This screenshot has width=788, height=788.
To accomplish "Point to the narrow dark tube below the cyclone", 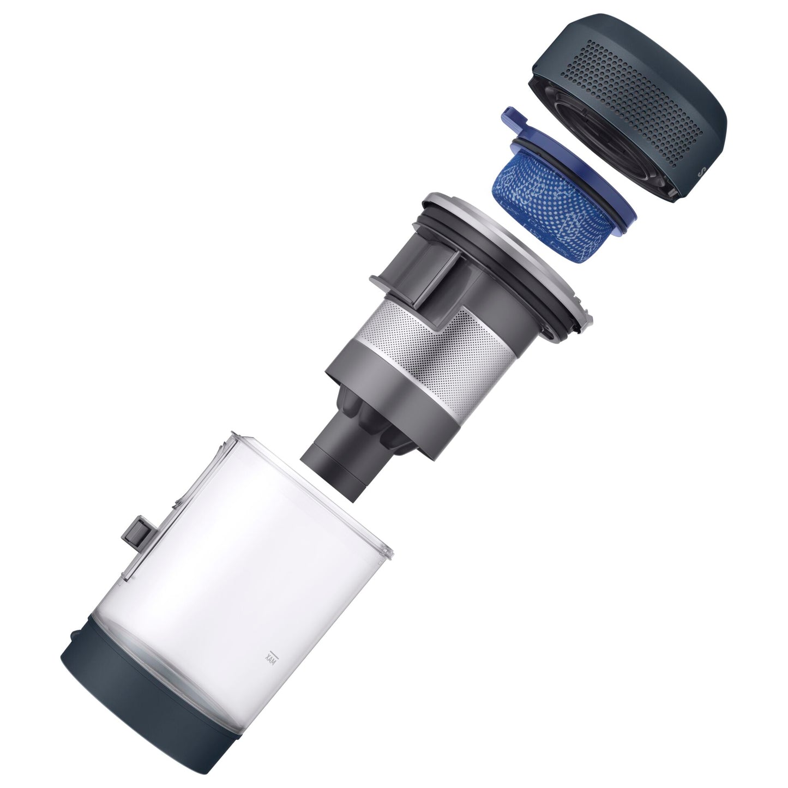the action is click(335, 466).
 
